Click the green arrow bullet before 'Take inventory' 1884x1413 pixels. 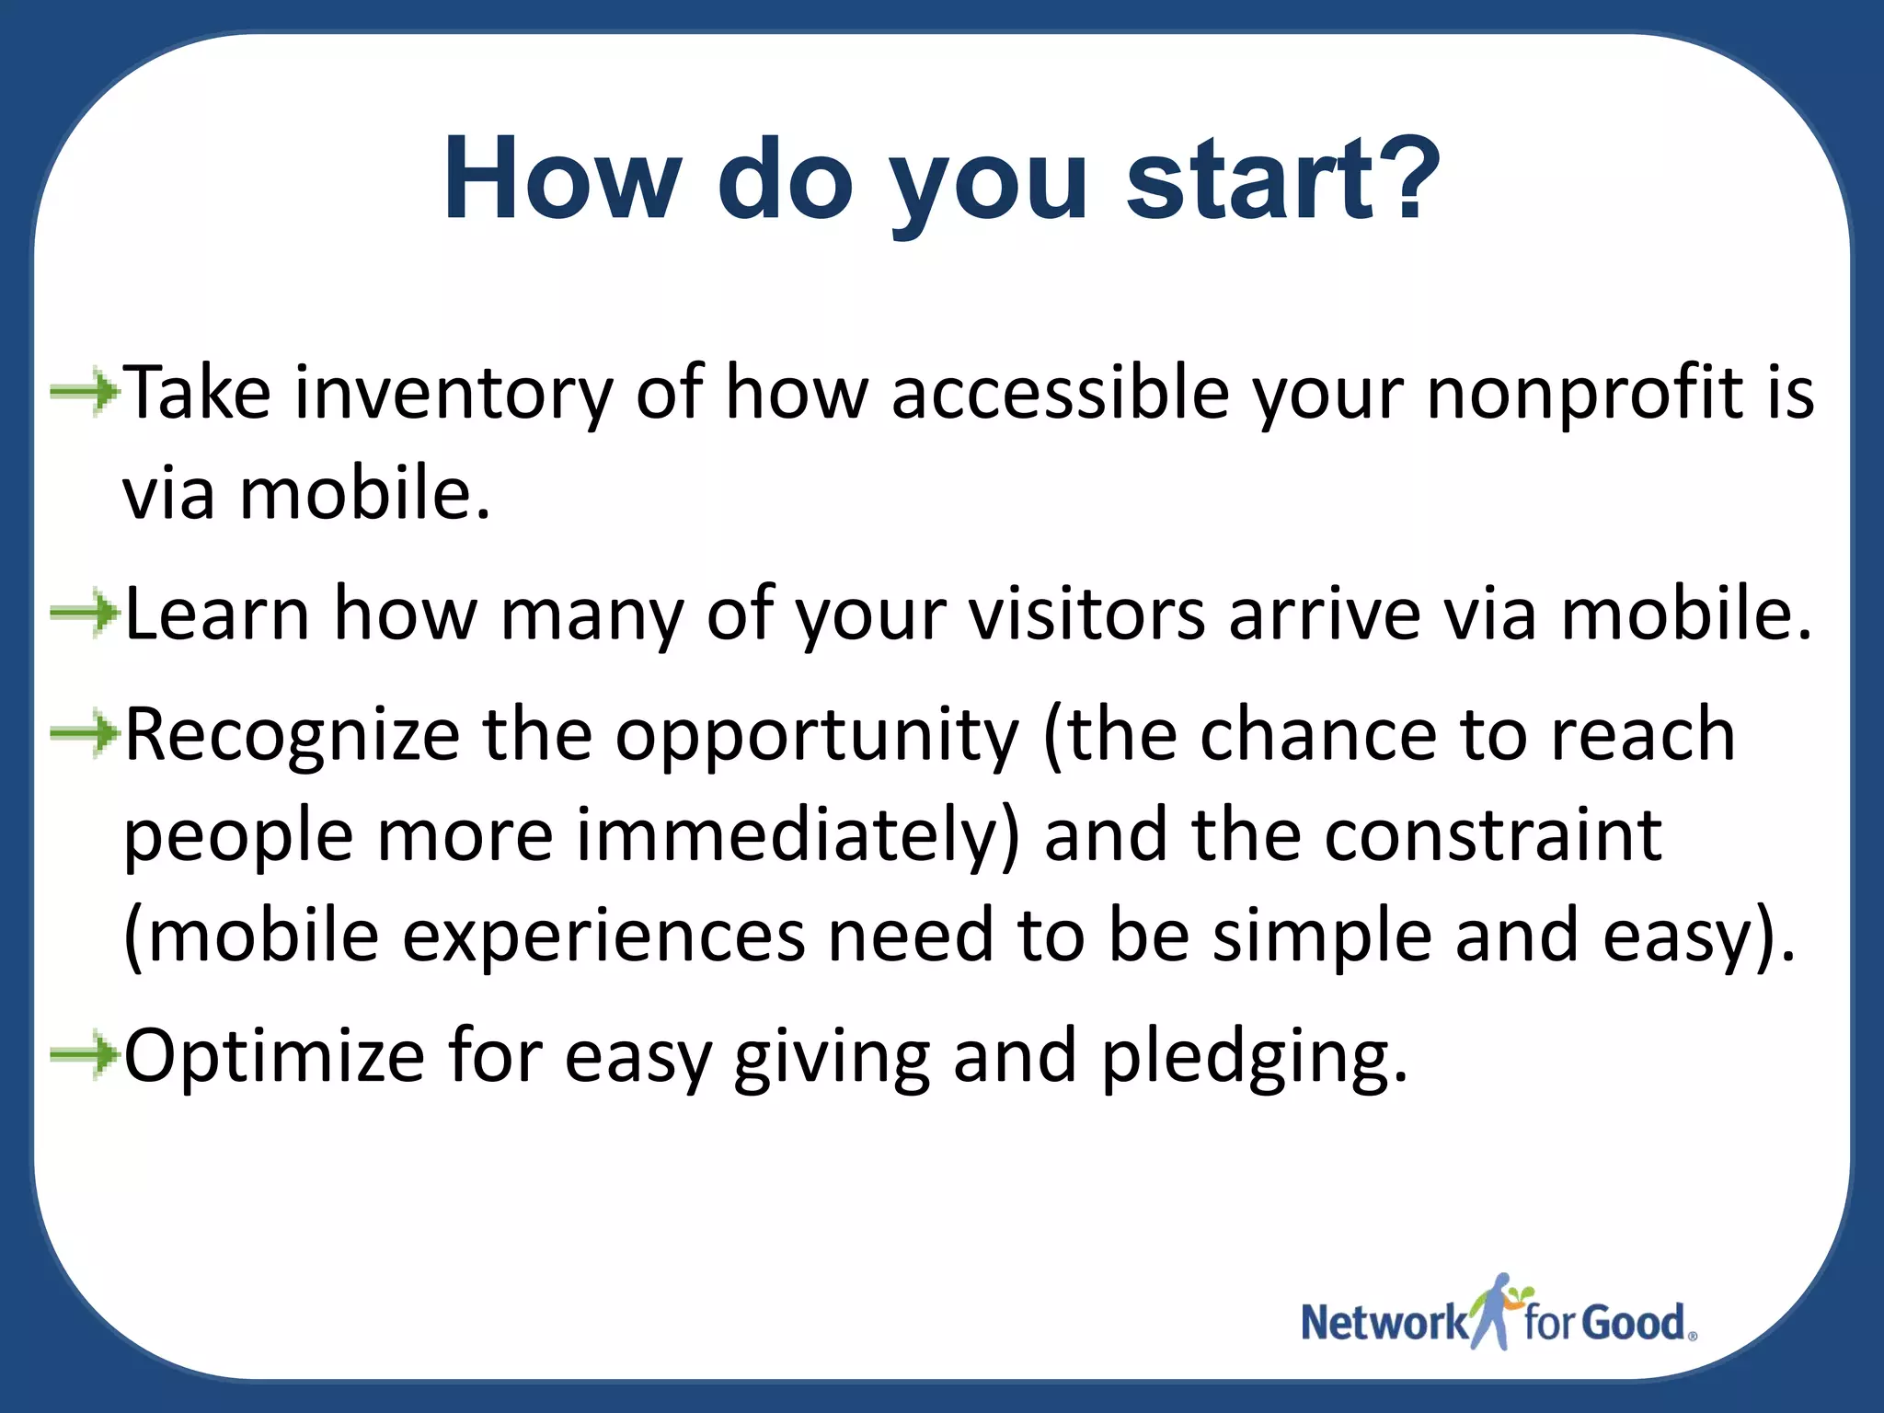(85, 394)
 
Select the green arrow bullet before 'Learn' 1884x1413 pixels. (85, 613)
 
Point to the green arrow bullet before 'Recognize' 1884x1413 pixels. (85, 733)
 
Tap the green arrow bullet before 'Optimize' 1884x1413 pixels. (85, 1054)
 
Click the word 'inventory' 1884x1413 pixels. (453, 394)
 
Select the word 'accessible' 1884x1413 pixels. (1060, 394)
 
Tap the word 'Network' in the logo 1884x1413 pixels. (1384, 1323)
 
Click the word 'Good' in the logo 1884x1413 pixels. (1635, 1323)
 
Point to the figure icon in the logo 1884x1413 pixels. (1498, 1311)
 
